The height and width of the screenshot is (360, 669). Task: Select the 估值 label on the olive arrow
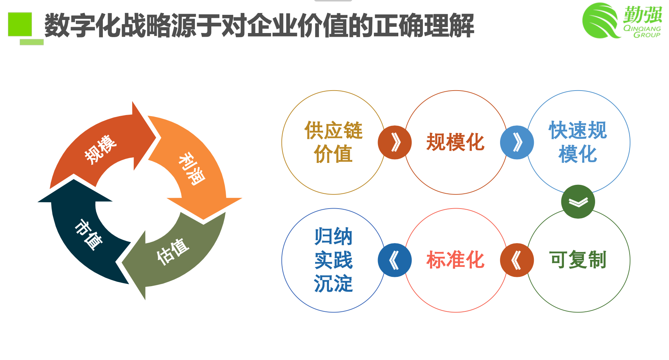(173, 252)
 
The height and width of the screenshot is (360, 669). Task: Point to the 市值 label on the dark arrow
(88, 235)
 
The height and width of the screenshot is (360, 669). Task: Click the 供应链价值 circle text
(333, 142)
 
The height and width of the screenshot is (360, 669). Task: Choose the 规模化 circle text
(456, 142)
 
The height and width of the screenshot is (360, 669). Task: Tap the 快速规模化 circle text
(578, 142)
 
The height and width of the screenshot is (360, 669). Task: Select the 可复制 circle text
(578, 260)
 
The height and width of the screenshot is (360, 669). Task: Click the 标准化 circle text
(456, 260)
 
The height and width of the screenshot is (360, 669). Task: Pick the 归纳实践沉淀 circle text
(333, 260)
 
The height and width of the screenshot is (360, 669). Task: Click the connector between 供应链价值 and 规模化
(395, 143)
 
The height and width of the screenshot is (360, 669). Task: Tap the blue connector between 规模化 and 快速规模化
(517, 143)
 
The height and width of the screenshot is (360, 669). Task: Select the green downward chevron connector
(578, 202)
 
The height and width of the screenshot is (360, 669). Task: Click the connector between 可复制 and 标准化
(517, 260)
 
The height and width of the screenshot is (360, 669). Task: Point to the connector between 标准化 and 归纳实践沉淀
(395, 260)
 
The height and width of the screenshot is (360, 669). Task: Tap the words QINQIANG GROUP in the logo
(642, 32)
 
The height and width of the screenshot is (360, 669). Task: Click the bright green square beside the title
(20, 24)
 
